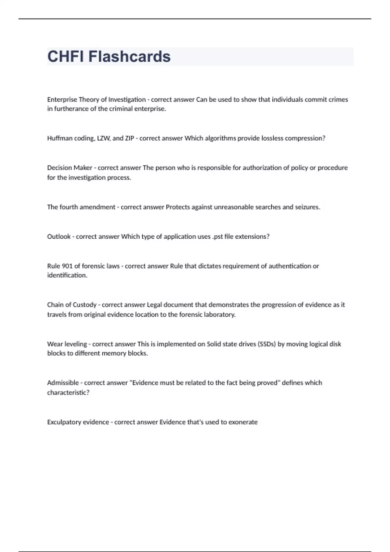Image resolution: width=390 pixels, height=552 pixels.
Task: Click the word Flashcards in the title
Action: (x=129, y=56)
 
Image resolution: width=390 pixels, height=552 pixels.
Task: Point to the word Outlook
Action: (x=59, y=237)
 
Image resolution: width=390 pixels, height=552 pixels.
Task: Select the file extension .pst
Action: (x=217, y=237)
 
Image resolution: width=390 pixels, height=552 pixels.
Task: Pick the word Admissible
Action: (x=63, y=383)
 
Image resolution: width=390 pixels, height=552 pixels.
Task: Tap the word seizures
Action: (x=307, y=207)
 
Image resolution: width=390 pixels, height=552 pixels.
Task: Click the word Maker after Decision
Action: (x=83, y=168)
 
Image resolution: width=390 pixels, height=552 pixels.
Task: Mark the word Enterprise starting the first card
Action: (x=62, y=100)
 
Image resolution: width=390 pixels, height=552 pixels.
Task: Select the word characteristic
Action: (x=68, y=393)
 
